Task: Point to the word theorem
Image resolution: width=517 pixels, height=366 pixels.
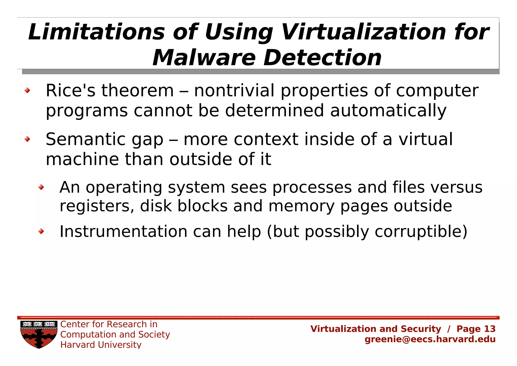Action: [138, 91]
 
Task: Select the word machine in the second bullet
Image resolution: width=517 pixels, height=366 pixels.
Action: [82, 159]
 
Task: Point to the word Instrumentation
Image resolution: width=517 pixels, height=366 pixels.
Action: [123, 231]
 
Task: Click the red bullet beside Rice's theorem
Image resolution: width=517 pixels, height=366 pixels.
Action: [27, 90]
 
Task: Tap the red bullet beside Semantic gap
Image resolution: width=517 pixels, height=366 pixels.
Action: [27, 139]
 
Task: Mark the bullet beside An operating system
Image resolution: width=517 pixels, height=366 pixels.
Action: [41, 187]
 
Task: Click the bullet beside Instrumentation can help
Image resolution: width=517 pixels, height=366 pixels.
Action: [41, 231]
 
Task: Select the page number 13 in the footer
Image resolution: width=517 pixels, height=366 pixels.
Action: [490, 329]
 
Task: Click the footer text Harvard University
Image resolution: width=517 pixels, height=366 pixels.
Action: [101, 345]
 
